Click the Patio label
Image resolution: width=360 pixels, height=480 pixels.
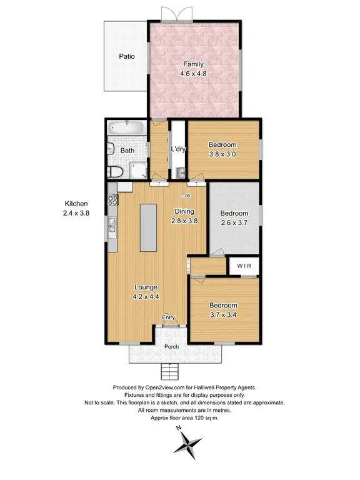pos(127,56)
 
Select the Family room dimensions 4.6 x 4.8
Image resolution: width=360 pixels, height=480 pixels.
pos(194,74)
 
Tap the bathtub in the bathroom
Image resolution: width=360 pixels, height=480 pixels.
pos(127,129)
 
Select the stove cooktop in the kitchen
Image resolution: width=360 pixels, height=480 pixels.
pos(112,201)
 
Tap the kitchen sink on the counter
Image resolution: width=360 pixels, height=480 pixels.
pos(111,223)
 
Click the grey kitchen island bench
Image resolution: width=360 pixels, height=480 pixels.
pos(148,227)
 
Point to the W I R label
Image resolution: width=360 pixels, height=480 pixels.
pos(244,266)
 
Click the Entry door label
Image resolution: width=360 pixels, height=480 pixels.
pos(169,318)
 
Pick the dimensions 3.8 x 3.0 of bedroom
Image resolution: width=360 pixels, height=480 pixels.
pos(223,154)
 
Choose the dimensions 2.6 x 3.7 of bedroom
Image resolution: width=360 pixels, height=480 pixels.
pos(234,222)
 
